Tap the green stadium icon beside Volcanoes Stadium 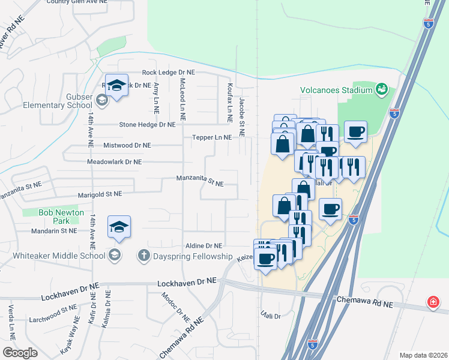381,90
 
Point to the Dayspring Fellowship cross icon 143,256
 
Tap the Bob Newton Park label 61,216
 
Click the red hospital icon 432,302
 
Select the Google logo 20,352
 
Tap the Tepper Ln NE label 211,137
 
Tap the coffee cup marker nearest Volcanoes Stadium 355,131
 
